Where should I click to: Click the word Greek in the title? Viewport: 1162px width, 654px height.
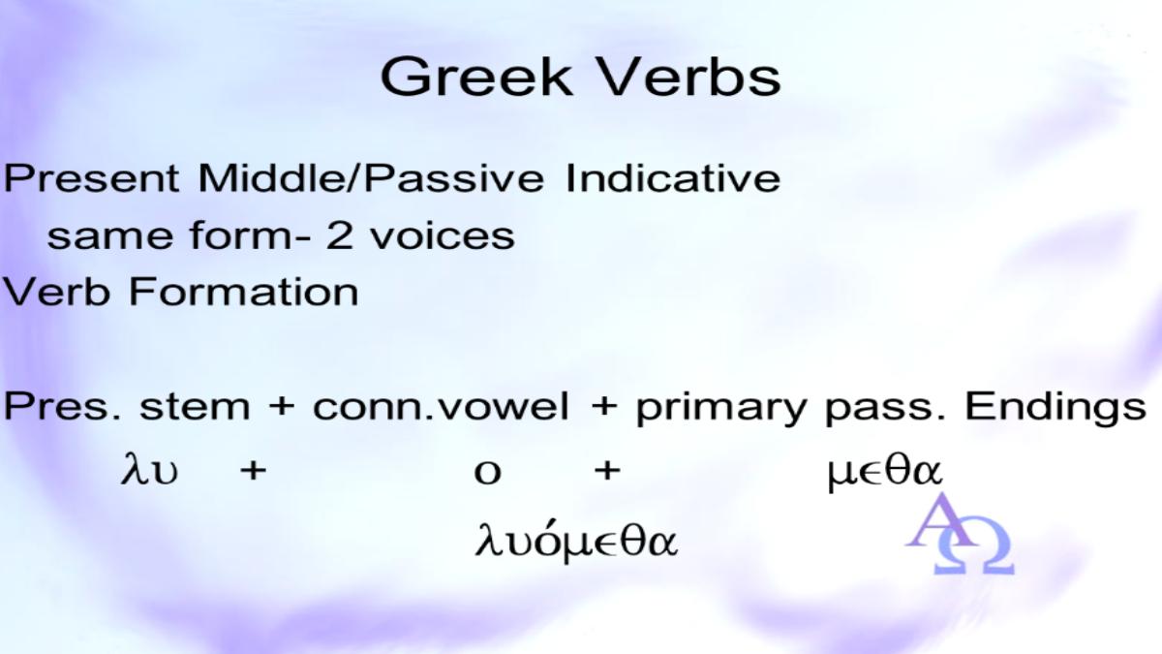[476, 77]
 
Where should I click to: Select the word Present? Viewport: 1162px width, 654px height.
[91, 178]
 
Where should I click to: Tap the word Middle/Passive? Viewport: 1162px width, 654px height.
[371, 178]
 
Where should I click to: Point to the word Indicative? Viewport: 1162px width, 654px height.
[673, 178]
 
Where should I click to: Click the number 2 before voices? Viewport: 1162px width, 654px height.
[340, 236]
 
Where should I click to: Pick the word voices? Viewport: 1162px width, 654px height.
[442, 236]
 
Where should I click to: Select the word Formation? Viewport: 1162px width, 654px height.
[243, 292]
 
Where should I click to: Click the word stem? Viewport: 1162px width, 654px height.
[195, 406]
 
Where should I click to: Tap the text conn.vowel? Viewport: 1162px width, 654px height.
[441, 406]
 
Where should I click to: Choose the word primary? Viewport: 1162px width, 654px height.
[721, 409]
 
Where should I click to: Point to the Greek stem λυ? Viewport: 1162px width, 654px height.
[149, 469]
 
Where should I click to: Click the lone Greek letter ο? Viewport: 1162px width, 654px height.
[488, 473]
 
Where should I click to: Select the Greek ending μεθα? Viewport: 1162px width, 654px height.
[884, 473]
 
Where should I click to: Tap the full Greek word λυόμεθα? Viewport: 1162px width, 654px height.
[576, 541]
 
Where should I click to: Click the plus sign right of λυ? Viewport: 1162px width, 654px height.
[253, 471]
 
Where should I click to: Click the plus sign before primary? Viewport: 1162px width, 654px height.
[604, 406]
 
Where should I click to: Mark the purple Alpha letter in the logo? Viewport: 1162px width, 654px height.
[940, 520]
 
